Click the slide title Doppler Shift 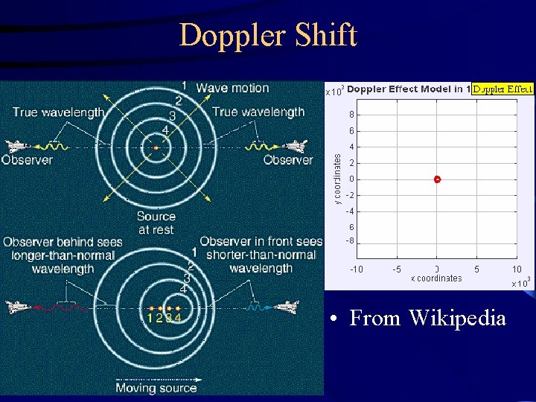(x=268, y=35)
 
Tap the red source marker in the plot (x=437, y=179)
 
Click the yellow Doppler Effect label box (x=503, y=89)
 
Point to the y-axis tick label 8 (x=351, y=115)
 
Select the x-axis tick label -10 (x=357, y=269)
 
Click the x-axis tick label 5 (x=476, y=269)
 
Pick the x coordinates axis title (x=436, y=278)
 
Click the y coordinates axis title (x=336, y=179)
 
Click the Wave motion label (x=232, y=88)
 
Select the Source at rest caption (x=156, y=223)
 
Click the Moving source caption (x=156, y=387)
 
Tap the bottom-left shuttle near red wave (x=19, y=306)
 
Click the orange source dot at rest (x=156, y=148)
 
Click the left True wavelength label (x=58, y=112)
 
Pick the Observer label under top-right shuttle (x=287, y=160)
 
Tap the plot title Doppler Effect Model (x=408, y=89)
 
